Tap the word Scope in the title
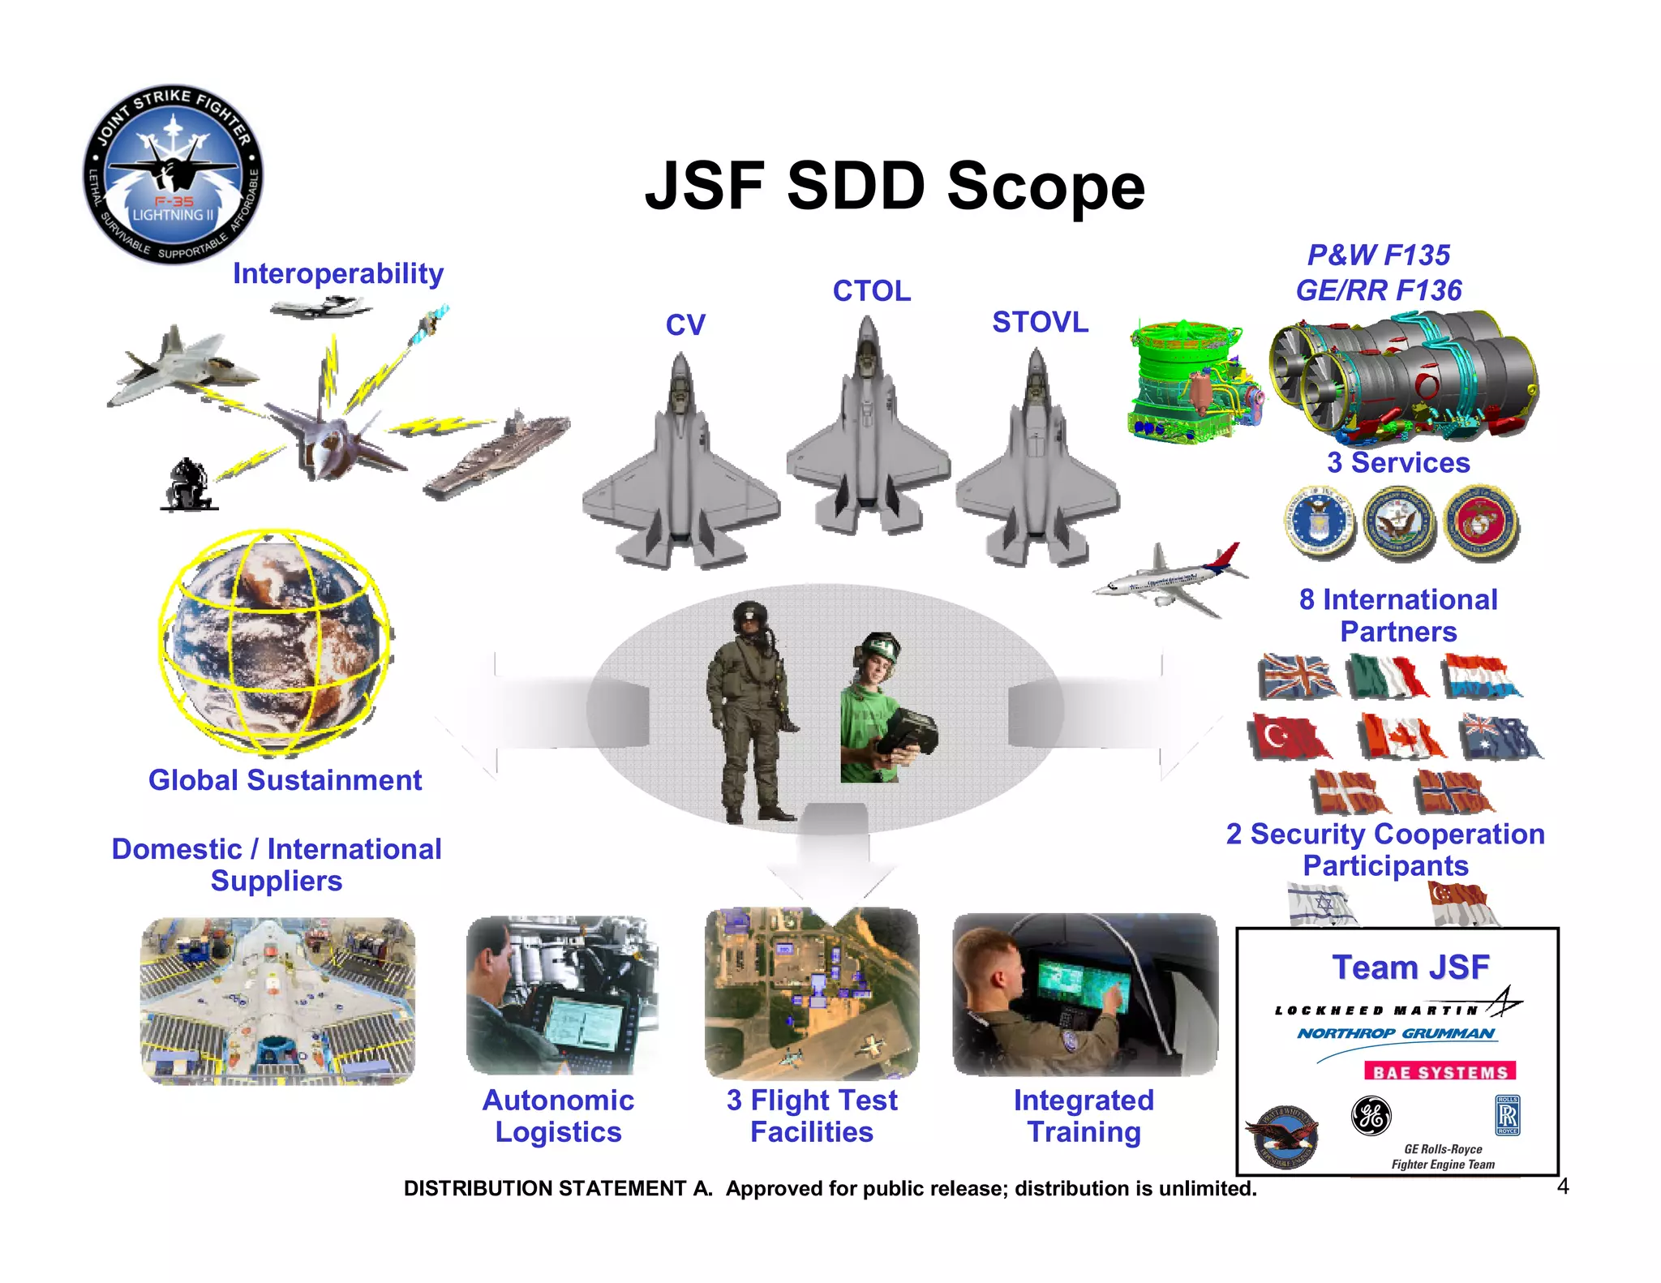point(1046,187)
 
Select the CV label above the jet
point(685,325)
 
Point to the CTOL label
point(872,291)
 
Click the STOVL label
point(1040,323)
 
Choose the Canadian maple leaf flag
point(1401,736)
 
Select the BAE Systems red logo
point(1440,1072)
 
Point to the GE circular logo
point(1371,1115)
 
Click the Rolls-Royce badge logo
point(1507,1116)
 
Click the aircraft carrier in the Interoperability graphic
point(496,457)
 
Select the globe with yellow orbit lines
point(276,641)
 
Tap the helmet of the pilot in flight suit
point(749,618)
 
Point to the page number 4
point(1563,1187)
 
